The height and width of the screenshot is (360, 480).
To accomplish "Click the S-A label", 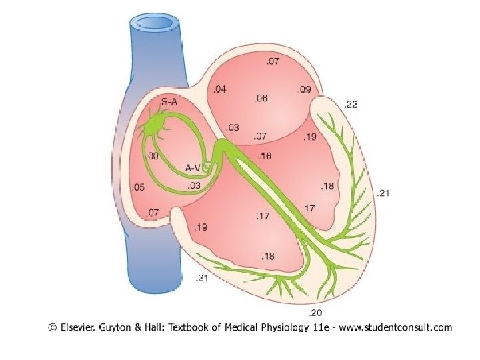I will pyautogui.click(x=170, y=102).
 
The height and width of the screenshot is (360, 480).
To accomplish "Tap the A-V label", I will pyautogui.click(x=193, y=167).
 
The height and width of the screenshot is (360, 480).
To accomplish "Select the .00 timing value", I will pyautogui.click(x=152, y=157).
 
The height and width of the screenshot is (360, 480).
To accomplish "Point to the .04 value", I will pyautogui.click(x=219, y=89).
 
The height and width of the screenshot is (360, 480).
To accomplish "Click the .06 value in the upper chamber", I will pyautogui.click(x=261, y=98).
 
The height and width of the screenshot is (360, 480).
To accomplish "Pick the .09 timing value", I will pyautogui.click(x=304, y=89).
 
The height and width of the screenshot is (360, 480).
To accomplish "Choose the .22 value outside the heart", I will pyautogui.click(x=351, y=104).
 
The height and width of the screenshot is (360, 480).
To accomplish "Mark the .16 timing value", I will pyautogui.click(x=265, y=157).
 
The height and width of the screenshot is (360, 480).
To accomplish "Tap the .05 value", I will pyautogui.click(x=139, y=187).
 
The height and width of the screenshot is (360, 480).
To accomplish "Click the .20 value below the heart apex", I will pyautogui.click(x=315, y=312).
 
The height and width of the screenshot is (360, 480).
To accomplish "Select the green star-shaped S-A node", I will pyautogui.click(x=159, y=124).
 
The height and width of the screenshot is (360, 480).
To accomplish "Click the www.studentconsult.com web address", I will pyautogui.click(x=397, y=327).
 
